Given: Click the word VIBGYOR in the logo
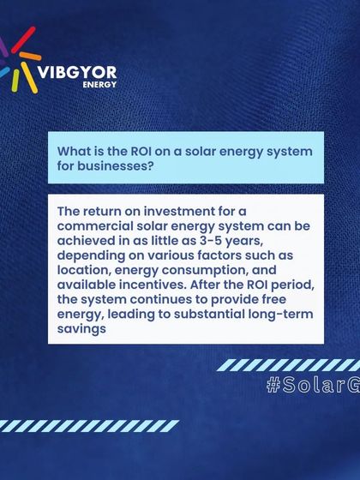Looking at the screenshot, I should [x=78, y=72].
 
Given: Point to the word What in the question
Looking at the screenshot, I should [x=74, y=151].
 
